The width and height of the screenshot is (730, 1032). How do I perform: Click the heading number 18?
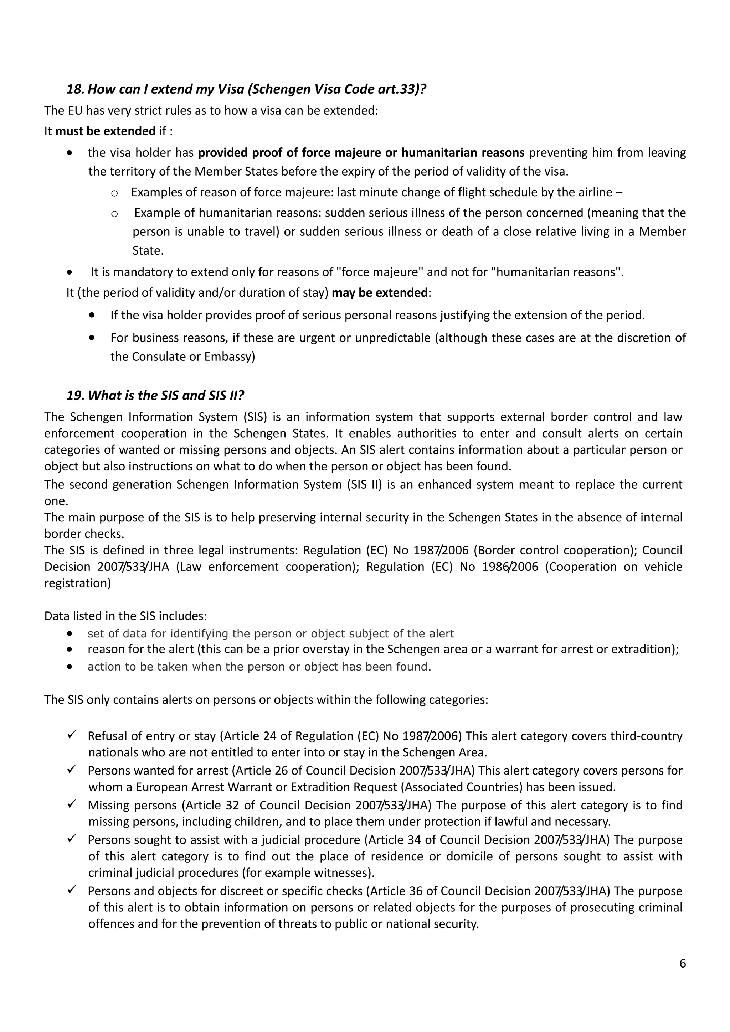coord(75,89)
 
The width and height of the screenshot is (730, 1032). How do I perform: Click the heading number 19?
coord(75,396)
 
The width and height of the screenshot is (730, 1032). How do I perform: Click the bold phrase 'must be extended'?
coord(105,131)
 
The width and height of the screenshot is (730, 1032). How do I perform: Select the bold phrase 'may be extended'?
coord(380,293)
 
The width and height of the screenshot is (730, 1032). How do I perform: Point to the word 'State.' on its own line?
coord(148,251)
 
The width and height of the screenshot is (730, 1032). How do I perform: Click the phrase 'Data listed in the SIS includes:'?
coord(125,616)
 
